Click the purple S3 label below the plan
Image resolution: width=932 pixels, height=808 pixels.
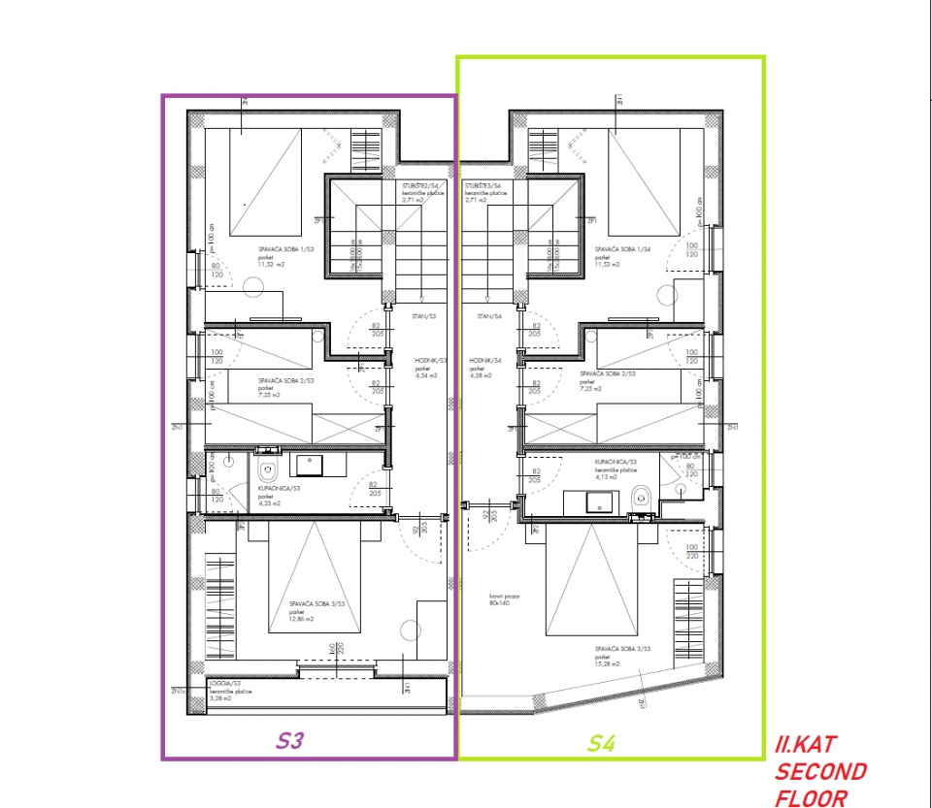tap(290, 742)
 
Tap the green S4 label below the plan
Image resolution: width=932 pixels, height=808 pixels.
tap(601, 744)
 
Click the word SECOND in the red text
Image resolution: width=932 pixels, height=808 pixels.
tap(821, 772)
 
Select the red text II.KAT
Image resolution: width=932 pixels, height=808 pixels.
tap(805, 746)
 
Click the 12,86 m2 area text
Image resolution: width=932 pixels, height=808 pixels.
tap(300, 619)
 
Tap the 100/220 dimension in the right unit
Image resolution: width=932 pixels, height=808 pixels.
tap(692, 551)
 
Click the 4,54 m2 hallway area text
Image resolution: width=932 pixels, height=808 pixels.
tap(427, 374)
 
